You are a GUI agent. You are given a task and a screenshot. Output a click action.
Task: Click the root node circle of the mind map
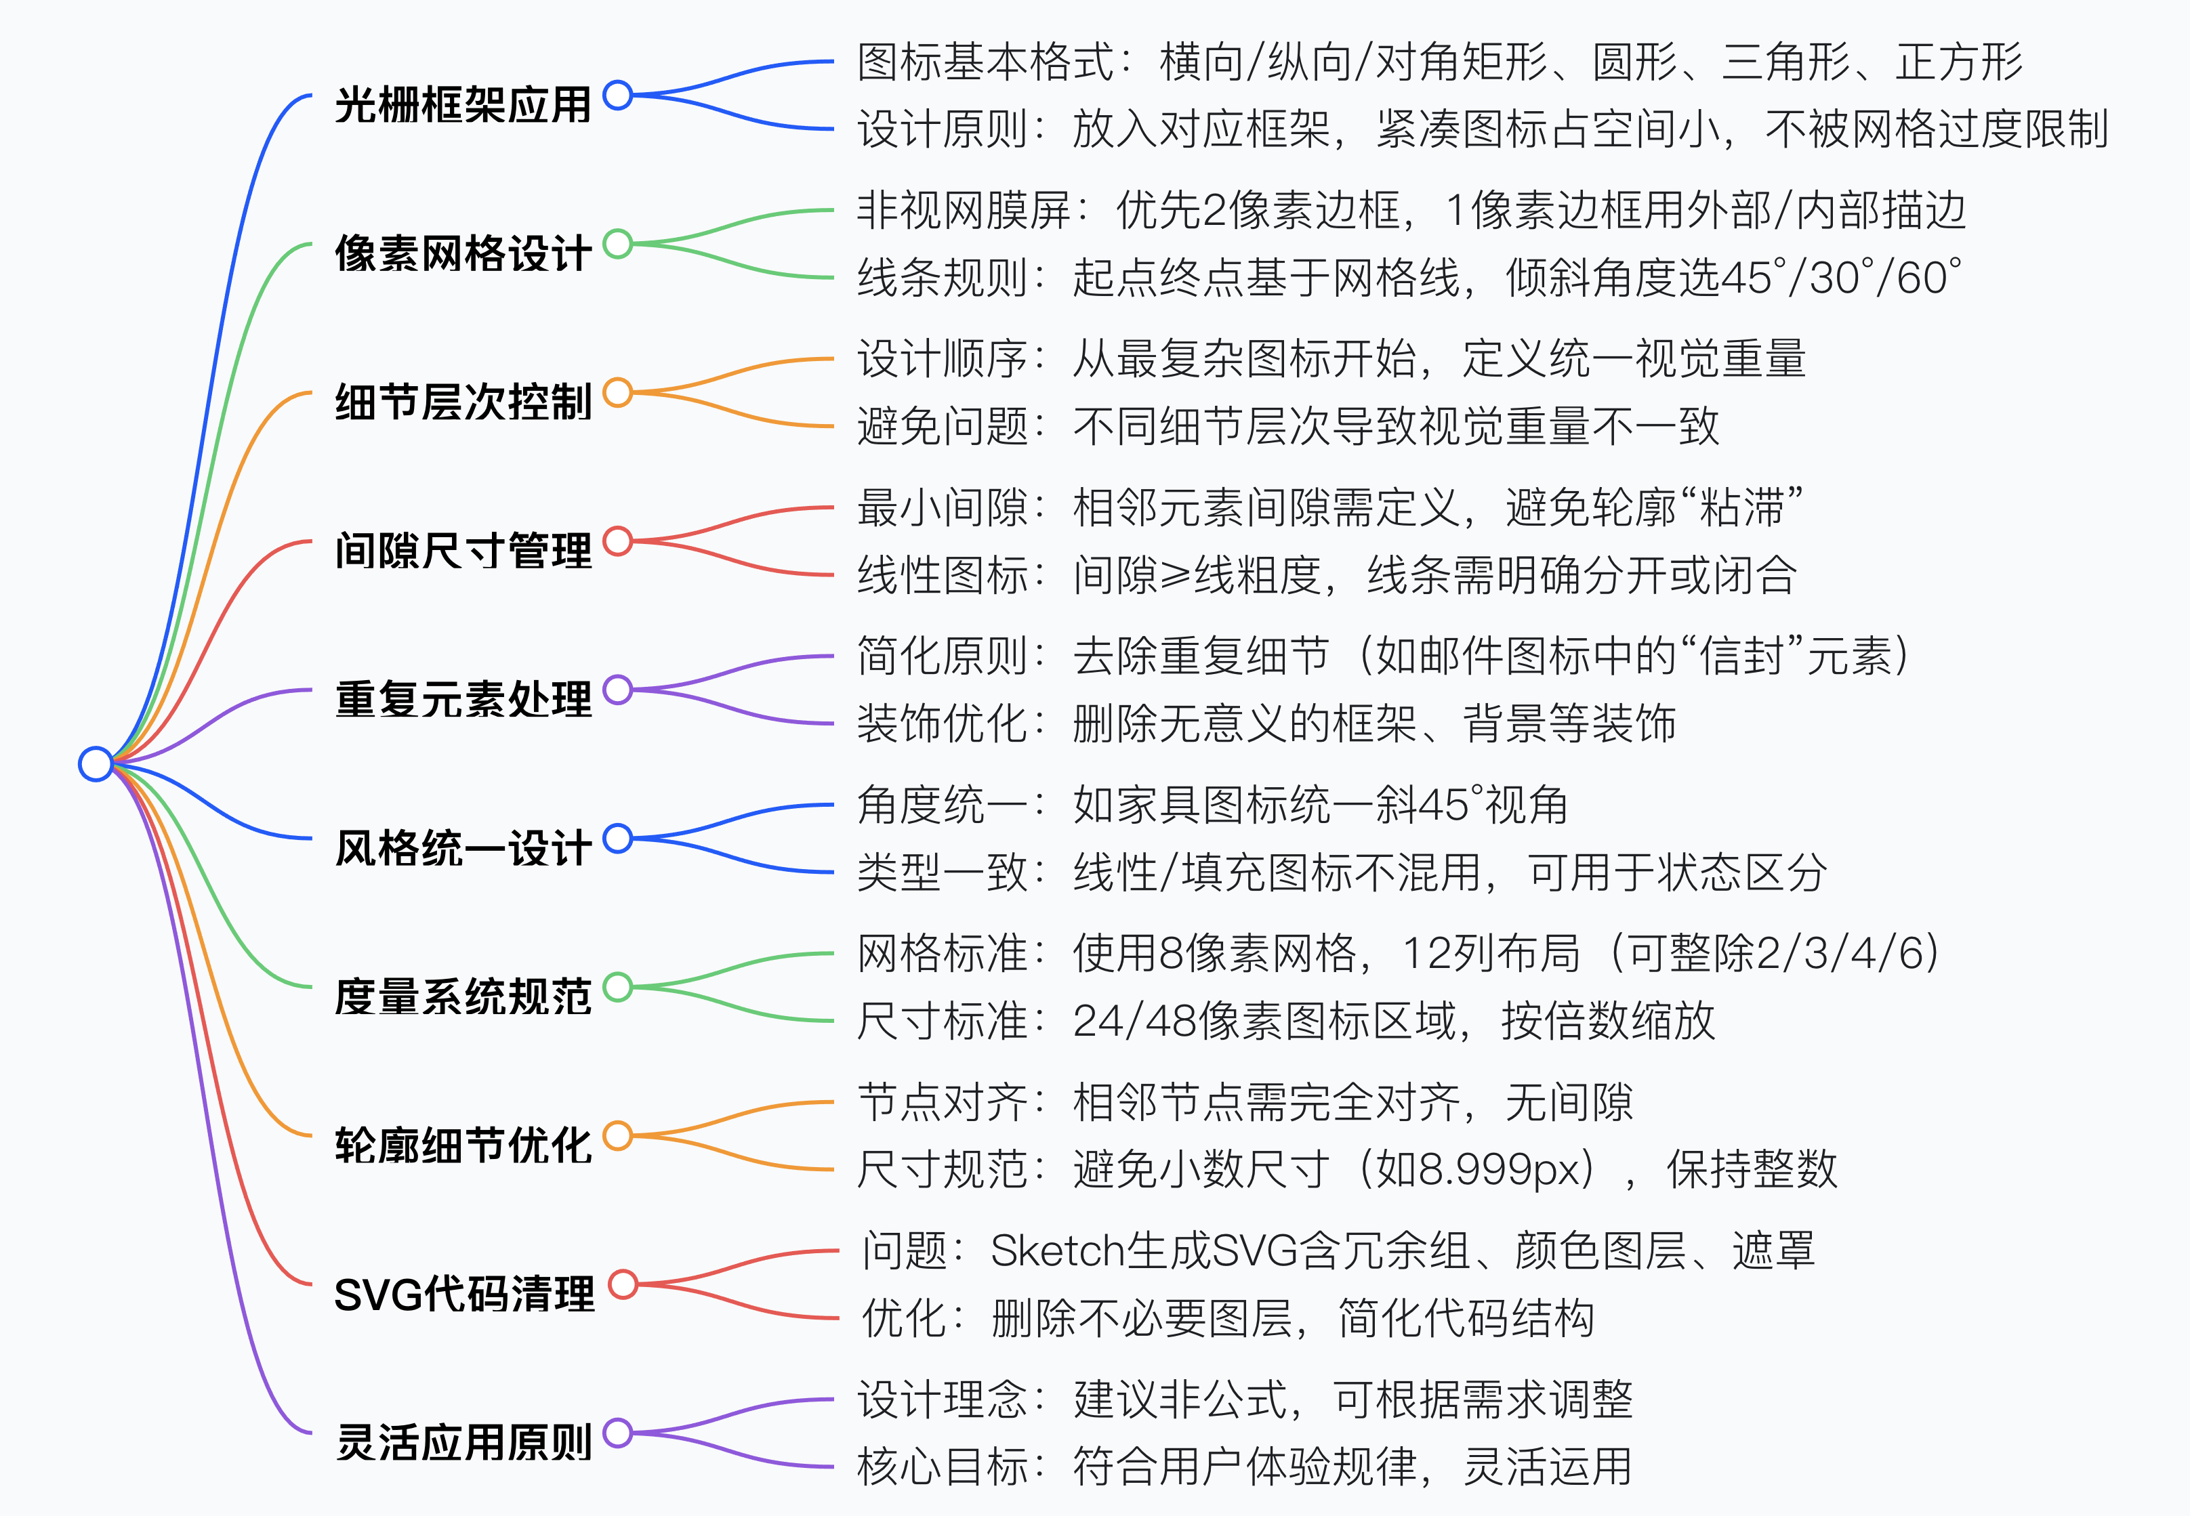[95, 763]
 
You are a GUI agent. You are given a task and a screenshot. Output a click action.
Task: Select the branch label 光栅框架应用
[463, 104]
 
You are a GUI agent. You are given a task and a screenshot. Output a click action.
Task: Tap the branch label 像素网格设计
[463, 253]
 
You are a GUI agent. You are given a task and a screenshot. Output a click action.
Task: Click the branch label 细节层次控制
[463, 401]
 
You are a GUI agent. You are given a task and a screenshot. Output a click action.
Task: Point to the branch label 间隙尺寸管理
[463, 550]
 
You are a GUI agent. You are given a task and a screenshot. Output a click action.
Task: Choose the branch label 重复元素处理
[463, 698]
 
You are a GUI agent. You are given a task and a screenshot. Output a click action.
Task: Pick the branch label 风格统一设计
[463, 847]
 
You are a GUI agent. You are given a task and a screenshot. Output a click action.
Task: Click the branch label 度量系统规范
[463, 996]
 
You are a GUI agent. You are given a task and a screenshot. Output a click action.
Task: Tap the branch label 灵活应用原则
[463, 1442]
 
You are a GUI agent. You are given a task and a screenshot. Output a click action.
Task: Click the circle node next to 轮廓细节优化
[617, 1136]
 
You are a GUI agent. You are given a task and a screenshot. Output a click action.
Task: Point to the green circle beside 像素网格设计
[617, 244]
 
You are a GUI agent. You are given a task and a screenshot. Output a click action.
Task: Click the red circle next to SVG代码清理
[622, 1284]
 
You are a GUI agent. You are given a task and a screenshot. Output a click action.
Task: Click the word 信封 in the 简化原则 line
[1741, 656]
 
